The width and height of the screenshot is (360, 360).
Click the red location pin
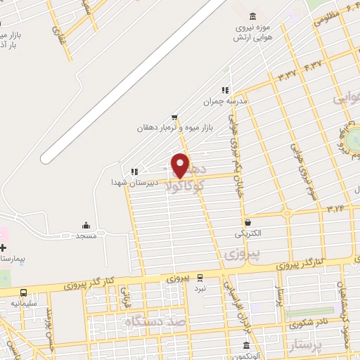click(x=181, y=165)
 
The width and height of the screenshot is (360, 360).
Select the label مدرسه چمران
click(x=227, y=101)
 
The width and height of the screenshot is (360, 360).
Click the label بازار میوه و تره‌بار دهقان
click(x=174, y=129)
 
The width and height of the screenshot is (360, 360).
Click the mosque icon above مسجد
click(x=86, y=225)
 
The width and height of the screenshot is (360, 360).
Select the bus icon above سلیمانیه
click(x=24, y=292)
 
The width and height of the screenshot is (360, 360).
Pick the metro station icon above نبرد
click(x=200, y=277)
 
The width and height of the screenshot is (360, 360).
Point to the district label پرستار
click(x=306, y=346)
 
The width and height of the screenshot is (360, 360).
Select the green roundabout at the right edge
click(x=354, y=138)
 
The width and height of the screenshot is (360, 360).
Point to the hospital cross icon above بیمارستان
click(x=3, y=248)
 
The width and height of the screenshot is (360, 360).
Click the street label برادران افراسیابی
click(x=229, y=294)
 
